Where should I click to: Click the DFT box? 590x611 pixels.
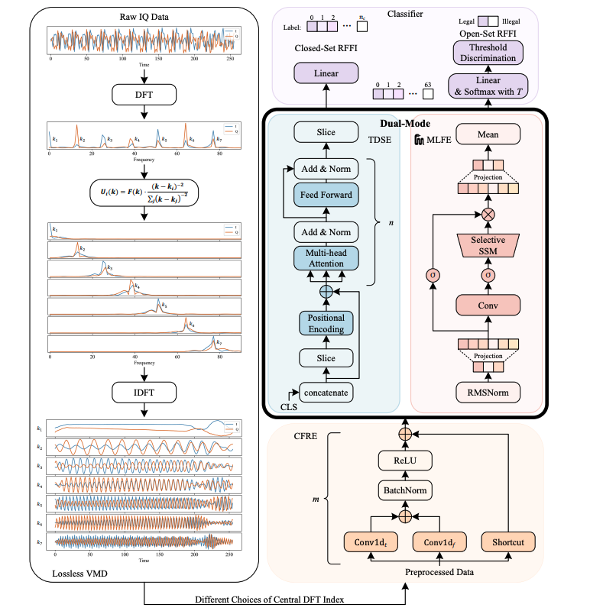[144, 95]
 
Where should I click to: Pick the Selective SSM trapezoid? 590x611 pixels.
[487, 245]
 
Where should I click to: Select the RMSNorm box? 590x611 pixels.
[487, 392]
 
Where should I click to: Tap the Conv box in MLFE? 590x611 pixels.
[487, 305]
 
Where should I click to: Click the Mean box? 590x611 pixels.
[487, 135]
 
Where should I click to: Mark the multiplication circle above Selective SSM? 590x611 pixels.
[487, 215]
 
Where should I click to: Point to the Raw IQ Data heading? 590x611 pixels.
[144, 16]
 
